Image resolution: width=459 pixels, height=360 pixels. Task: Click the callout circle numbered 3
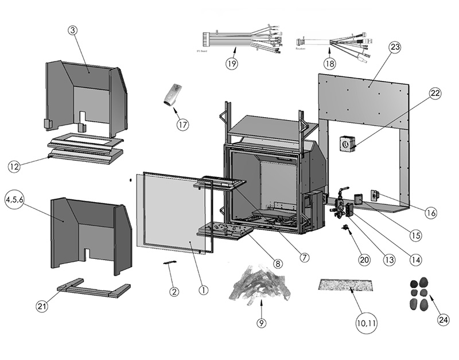click(73, 30)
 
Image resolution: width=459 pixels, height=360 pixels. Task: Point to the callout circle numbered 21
click(42, 307)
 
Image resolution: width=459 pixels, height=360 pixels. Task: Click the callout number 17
click(183, 125)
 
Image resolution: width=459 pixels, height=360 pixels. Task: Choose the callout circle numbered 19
click(231, 64)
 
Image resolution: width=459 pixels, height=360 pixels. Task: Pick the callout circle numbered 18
click(329, 64)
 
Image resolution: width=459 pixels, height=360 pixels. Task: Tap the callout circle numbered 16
click(431, 212)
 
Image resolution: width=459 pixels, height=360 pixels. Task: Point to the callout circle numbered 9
click(262, 323)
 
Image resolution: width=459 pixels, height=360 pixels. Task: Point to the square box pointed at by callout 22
click(347, 143)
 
